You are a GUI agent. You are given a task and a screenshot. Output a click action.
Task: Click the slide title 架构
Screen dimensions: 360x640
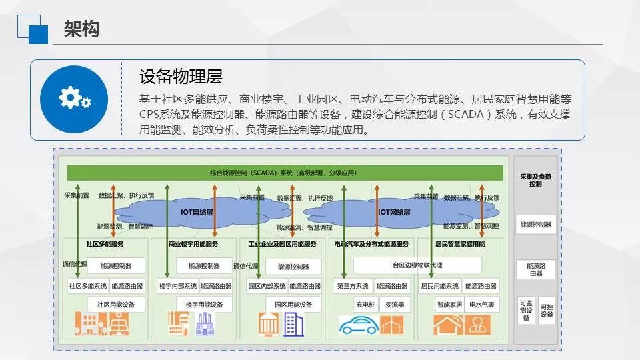(x=81, y=29)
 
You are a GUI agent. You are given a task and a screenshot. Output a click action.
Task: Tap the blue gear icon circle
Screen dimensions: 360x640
(x=74, y=99)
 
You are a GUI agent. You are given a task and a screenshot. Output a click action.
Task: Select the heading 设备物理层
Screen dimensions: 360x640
(x=181, y=77)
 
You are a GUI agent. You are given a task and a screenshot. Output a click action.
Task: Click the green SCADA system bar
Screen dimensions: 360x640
(x=285, y=173)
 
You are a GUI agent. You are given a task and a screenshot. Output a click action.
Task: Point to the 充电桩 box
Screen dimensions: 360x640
(x=365, y=305)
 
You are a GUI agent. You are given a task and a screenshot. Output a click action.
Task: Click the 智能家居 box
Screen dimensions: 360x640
(x=449, y=305)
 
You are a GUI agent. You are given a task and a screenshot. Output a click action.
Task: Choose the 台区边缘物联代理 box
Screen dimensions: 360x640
(x=417, y=265)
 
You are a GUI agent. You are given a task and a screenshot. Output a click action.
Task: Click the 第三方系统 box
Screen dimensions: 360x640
(x=351, y=287)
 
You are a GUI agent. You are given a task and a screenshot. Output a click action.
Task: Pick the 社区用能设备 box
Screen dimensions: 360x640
(x=115, y=305)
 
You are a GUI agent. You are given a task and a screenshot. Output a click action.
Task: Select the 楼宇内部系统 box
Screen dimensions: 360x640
(x=177, y=287)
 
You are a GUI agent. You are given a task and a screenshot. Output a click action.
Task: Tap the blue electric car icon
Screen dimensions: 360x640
(x=359, y=326)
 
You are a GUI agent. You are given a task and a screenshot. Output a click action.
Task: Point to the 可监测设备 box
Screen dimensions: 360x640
(x=526, y=311)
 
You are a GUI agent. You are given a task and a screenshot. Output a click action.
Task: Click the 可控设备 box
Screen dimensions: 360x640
(x=547, y=311)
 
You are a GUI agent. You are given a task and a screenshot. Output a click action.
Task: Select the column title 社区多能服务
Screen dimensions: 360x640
(x=105, y=244)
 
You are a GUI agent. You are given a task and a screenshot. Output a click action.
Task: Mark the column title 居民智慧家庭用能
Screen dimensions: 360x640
(x=460, y=244)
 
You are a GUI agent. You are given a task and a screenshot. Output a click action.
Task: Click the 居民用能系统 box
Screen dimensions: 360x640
(x=439, y=287)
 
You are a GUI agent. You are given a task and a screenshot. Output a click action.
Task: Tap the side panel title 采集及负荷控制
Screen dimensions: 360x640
(x=535, y=180)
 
